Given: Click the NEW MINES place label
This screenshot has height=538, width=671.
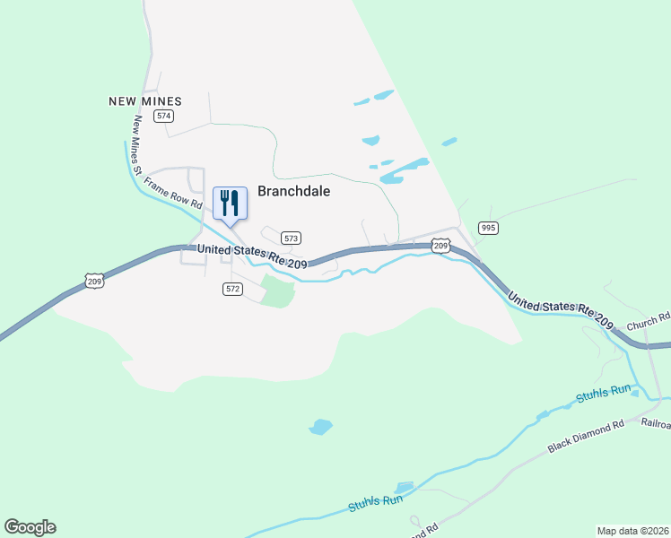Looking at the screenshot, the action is (x=145, y=101).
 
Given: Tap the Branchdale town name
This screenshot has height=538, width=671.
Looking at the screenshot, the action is (x=294, y=191).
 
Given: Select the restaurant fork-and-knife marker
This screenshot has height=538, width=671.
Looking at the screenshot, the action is (x=230, y=203).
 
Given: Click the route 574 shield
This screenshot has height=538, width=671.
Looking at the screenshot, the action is (x=163, y=117).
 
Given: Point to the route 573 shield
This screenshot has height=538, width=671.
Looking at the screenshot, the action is (x=290, y=239).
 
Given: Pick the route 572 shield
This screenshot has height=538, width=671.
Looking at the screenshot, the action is (x=232, y=289).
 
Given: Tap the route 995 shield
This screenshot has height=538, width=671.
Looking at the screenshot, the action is (x=487, y=228).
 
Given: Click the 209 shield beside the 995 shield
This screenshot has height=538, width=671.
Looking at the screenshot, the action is (x=440, y=245).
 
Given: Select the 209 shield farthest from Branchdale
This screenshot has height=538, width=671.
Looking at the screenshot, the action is (x=96, y=282).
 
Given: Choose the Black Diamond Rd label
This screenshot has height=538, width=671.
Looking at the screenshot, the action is (x=586, y=437).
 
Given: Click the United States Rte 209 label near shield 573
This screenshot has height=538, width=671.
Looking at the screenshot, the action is (x=252, y=256).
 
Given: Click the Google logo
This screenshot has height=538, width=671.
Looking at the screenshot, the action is (x=30, y=526).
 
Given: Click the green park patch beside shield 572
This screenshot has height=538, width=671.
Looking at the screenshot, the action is (x=279, y=292).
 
